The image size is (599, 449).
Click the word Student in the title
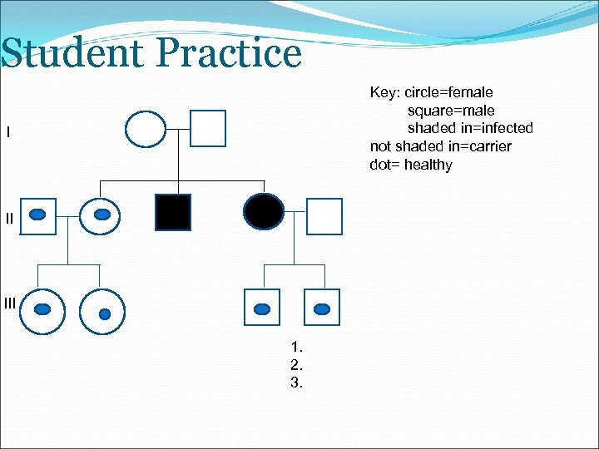tap(73, 54)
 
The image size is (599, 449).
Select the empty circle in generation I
tap(146, 129)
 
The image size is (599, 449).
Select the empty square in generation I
tap(208, 129)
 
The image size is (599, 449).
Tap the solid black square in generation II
tap(173, 212)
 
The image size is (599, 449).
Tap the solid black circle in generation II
tap(264, 212)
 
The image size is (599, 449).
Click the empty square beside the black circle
tap(324, 216)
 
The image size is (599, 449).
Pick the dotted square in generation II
tap(37, 216)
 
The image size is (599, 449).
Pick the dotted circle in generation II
tap(101, 216)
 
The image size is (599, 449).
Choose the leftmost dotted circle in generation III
tap(42, 309)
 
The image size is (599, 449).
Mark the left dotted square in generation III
tap(262, 308)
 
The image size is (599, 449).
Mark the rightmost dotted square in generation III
tap(322, 308)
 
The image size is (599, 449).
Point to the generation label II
tap(9, 219)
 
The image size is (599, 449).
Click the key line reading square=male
tap(450, 111)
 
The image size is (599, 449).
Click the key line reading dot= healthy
tap(411, 165)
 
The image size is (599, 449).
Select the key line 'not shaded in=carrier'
tap(440, 146)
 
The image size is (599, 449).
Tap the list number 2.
tap(297, 365)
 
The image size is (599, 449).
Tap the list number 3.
tap(297, 383)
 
